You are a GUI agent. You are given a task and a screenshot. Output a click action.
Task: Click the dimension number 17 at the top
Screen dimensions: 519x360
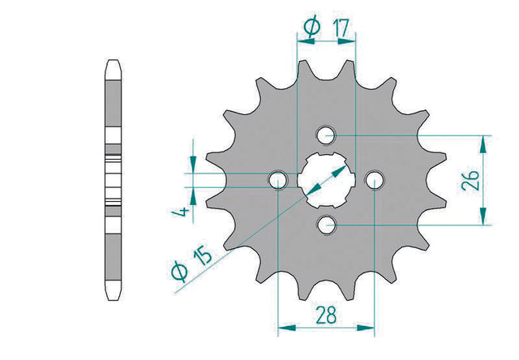340,28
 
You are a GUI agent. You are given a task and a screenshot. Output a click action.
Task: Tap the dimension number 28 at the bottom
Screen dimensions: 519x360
326,315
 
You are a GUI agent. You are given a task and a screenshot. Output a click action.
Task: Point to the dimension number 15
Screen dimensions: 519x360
202,256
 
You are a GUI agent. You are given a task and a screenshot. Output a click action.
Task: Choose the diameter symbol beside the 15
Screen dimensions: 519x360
179,272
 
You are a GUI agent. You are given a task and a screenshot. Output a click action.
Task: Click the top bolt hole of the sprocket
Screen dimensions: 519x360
326,135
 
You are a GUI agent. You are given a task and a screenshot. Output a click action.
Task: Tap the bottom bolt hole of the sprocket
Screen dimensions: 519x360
326,225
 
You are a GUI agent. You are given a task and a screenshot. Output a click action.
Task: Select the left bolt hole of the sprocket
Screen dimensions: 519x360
278,180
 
